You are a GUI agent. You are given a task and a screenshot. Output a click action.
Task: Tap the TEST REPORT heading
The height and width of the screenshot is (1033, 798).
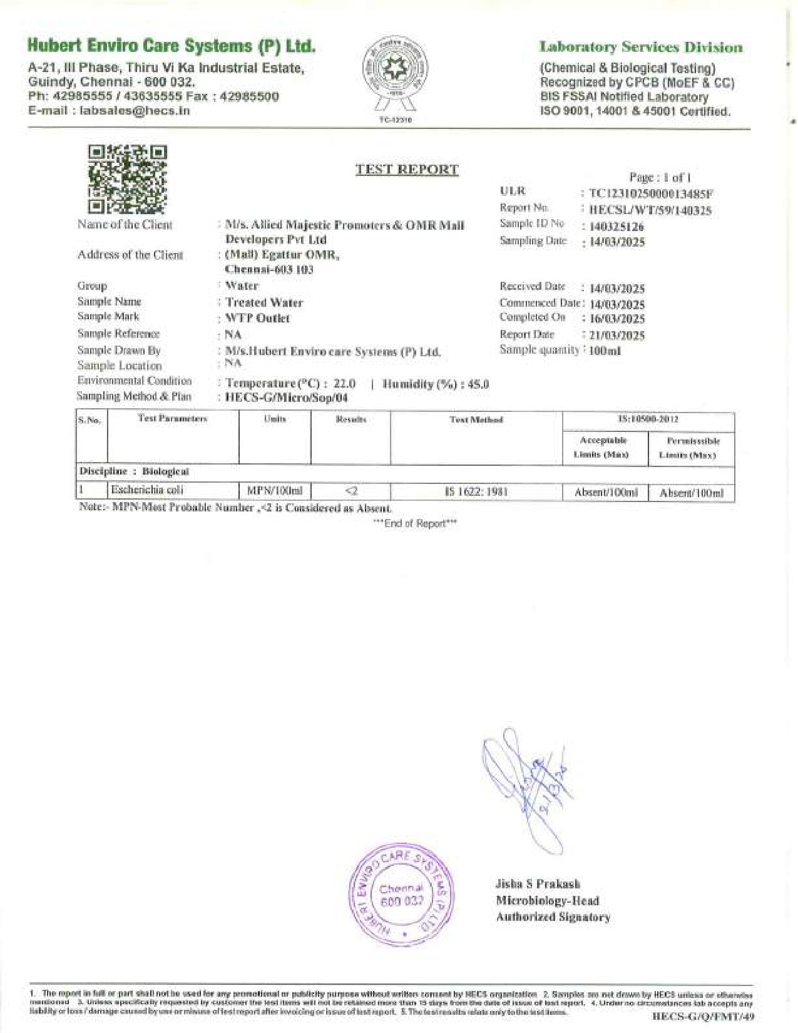pos(407,169)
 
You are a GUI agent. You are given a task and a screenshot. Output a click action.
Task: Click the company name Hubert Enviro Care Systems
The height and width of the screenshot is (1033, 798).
pos(171,46)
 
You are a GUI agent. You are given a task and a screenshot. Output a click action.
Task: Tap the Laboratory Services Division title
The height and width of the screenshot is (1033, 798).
pos(641,47)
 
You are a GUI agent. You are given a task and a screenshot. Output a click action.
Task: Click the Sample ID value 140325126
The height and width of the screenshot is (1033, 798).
pos(616,227)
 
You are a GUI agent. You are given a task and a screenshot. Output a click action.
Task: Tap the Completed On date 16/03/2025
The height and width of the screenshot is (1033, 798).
pos(617,319)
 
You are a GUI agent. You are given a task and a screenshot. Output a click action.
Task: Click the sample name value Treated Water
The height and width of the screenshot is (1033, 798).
pos(264,302)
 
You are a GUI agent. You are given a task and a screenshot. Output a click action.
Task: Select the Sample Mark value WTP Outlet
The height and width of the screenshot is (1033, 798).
pos(257,318)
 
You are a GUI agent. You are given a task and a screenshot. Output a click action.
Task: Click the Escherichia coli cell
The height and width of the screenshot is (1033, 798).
pos(147,490)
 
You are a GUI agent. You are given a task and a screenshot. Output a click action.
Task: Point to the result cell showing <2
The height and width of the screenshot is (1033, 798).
pos(350,491)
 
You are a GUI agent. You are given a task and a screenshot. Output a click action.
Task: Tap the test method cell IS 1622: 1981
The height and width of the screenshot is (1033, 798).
pos(476,491)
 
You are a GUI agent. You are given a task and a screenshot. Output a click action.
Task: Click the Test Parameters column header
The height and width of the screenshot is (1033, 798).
pos(172,418)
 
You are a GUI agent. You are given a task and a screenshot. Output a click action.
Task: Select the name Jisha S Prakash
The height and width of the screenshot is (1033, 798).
pos(537,884)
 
